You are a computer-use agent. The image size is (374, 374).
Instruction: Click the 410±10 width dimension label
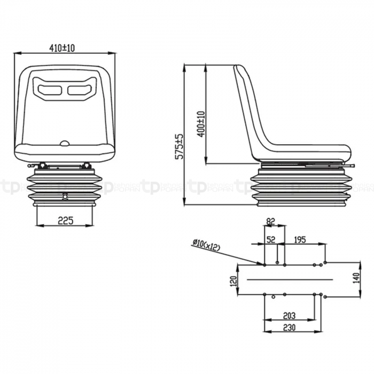(63, 48)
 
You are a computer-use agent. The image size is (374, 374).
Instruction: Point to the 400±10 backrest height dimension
(201, 124)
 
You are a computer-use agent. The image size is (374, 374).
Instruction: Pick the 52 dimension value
(271, 240)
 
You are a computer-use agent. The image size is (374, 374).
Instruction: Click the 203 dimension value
(289, 316)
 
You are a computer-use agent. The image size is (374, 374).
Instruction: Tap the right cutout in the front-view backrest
(78, 88)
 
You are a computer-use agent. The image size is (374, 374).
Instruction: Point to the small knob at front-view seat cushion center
(65, 143)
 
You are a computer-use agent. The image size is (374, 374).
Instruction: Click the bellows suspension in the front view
(64, 187)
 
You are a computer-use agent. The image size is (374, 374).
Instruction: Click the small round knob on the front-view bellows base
(65, 196)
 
